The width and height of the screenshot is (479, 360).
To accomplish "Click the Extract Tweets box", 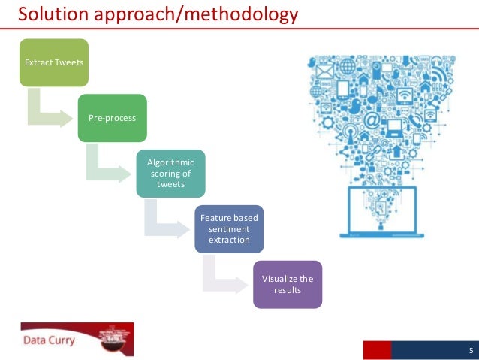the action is pos(54,62).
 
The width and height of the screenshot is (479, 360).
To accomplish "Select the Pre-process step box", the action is pos(112,118).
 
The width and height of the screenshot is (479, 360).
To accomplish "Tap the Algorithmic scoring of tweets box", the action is pos(170,174).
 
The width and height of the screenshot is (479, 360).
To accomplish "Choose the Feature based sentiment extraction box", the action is pos(229,228).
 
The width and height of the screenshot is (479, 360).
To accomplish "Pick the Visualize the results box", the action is pos(288,284).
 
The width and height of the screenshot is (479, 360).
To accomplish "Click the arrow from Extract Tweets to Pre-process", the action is pos(48,113).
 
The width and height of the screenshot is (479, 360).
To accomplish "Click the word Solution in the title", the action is pos(52,14).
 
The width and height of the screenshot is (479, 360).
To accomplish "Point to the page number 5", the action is pos(471,352).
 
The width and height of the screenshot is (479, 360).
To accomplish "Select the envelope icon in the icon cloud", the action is pos(324,72).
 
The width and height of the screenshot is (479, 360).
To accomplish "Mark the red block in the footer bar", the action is pos(377,351).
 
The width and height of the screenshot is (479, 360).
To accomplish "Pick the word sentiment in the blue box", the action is pos(229,228).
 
